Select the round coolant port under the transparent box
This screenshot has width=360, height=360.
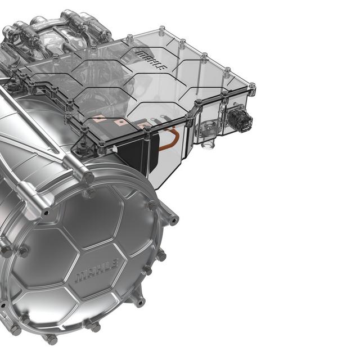(209, 144)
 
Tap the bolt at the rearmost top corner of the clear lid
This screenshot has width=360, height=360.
(162, 29)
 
